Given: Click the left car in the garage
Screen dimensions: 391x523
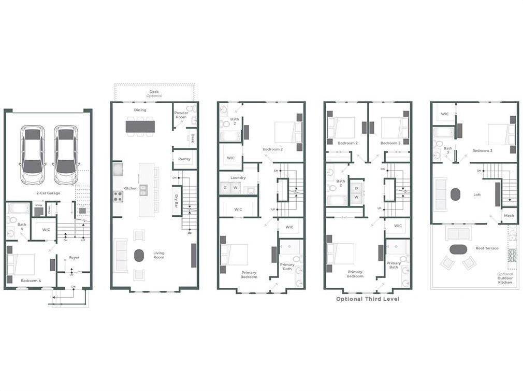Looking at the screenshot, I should point(33,154).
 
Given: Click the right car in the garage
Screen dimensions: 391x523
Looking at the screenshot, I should point(66,154).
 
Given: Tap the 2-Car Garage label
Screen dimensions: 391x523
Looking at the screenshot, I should point(48,193).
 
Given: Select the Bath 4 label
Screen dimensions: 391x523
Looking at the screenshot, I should point(22,227).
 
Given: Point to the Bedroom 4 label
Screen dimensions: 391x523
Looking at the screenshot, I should point(31,281).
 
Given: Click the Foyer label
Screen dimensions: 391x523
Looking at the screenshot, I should point(74,257).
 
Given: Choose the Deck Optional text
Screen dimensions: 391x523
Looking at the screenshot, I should point(154,94).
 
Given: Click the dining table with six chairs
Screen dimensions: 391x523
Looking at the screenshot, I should point(140,126).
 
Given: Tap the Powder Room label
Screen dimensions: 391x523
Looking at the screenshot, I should point(181,115).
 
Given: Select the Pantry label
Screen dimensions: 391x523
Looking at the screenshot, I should point(184,159).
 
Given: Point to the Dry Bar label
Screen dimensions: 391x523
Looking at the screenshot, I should point(177,201).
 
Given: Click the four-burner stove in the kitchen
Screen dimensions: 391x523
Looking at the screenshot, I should point(118,197).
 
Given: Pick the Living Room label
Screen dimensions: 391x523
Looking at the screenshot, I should point(158,255).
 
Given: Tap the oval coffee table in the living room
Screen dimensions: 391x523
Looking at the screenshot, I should point(139,256).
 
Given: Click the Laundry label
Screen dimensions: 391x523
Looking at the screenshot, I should point(238,177).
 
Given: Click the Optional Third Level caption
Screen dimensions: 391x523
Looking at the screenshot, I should point(368,299).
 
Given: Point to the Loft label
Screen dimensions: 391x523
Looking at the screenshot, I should point(477,195).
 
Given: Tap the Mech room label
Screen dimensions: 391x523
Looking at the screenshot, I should point(509,215).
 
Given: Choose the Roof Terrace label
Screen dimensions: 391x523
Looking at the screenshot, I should point(487,248).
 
